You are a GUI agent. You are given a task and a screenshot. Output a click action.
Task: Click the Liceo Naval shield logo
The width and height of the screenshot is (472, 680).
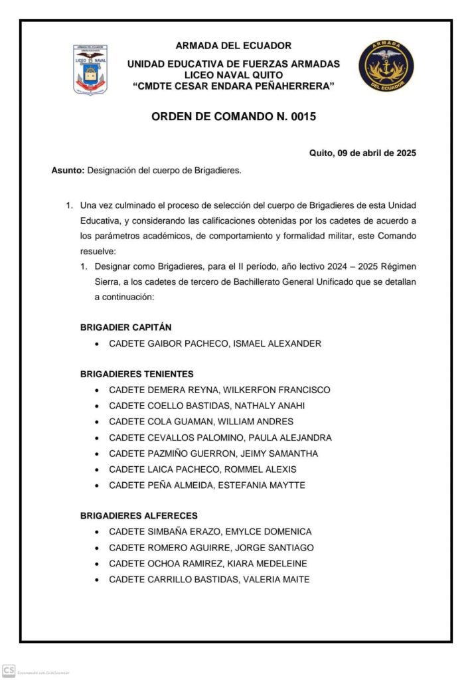90,70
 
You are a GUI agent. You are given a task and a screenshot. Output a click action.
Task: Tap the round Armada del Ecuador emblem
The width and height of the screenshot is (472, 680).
386,65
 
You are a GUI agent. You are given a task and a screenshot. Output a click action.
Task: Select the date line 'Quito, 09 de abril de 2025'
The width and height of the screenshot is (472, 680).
362,153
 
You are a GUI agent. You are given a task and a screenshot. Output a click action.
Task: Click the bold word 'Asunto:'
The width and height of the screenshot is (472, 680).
68,171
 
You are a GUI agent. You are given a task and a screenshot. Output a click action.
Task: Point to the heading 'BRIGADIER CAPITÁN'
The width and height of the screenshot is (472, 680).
125,327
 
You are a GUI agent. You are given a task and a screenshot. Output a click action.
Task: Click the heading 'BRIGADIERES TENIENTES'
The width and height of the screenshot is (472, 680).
137,374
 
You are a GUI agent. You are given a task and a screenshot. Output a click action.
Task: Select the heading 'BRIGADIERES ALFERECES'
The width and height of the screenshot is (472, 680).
139,515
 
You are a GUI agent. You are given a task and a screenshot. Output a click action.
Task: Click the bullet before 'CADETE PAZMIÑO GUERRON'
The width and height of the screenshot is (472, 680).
98,454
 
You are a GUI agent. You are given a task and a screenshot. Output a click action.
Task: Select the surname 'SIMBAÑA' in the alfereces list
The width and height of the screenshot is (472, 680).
165,531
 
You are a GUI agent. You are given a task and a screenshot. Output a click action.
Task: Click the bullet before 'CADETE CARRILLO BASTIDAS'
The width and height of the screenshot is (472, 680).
98,580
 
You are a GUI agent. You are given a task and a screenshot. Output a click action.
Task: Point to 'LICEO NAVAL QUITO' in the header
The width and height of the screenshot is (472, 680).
234,75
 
